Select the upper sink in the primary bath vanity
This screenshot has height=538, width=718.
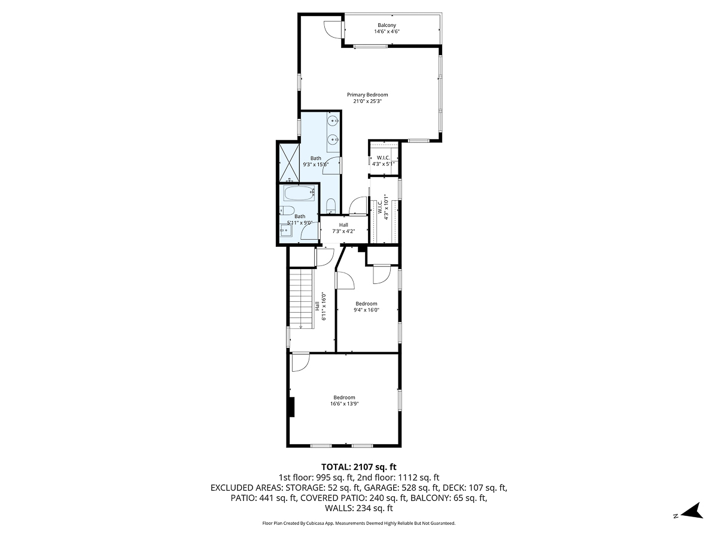(x=333, y=121)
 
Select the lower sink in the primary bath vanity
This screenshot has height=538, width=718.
(x=333, y=140)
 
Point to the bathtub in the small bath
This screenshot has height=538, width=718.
(x=297, y=194)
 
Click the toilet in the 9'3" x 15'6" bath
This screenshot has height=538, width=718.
(x=331, y=206)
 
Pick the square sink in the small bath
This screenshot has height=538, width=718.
(x=285, y=230)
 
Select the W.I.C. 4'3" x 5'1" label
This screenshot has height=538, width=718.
(x=384, y=160)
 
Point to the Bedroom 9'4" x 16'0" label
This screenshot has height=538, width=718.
(x=366, y=307)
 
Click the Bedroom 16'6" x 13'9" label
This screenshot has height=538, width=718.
(x=344, y=401)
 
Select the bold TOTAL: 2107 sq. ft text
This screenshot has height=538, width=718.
(x=359, y=466)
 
